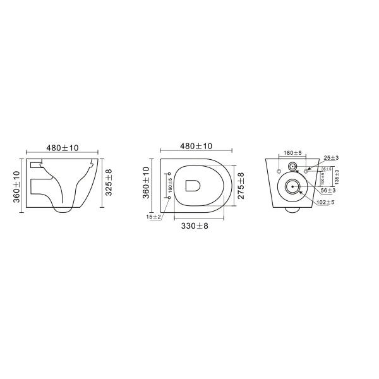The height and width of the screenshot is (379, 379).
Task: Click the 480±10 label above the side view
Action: point(62,148)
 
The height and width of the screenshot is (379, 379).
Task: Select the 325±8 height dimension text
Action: point(109,183)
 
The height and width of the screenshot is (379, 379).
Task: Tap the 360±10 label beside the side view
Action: point(17,187)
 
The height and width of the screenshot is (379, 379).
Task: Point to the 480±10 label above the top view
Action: point(196,146)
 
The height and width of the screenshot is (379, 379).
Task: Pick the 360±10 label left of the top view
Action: point(146,183)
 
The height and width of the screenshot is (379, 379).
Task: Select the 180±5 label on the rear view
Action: point(292,153)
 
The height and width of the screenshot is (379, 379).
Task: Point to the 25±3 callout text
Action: point(330,157)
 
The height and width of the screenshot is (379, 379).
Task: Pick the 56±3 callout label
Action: point(327,189)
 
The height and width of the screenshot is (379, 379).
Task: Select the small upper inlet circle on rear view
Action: point(292,166)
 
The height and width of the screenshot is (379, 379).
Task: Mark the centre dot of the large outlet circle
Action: point(292,186)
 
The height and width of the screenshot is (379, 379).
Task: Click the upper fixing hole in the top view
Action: point(169,172)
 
